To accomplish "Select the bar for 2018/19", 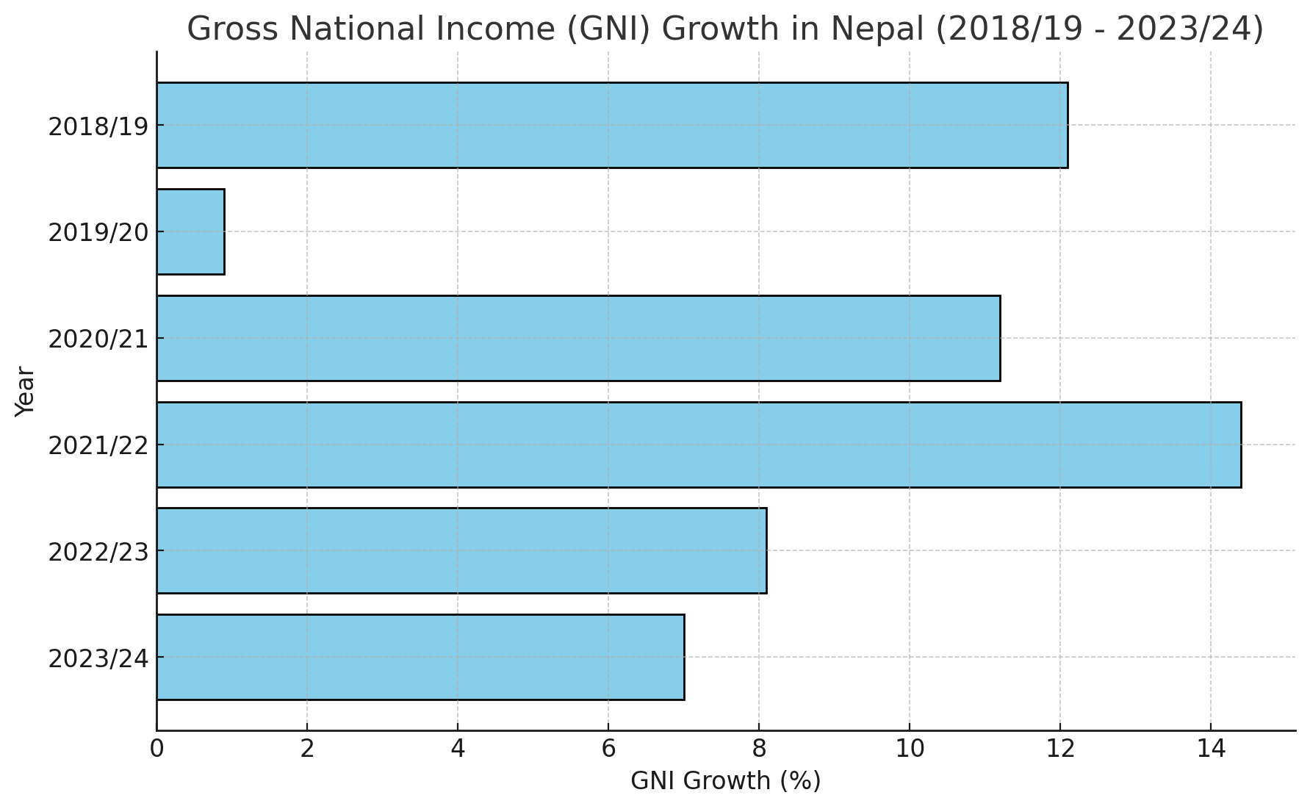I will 611,125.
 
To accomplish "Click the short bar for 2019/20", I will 190,231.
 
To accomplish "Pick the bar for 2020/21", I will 577,338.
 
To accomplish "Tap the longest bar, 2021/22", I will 698,445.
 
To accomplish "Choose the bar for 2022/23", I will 461,550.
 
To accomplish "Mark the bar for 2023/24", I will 420,657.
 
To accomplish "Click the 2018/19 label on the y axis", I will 98,126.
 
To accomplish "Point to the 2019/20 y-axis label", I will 98,233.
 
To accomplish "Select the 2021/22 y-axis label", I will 98,446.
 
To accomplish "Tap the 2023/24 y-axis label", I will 98,658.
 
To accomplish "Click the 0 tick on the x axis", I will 156,749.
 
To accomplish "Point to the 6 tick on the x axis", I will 608,749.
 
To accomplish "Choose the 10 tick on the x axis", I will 910,749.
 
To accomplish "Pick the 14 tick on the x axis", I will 1211,749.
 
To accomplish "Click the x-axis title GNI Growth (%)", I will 725,781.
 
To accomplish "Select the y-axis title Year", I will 25,392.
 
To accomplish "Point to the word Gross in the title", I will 228,29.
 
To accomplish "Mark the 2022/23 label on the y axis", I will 98,552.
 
